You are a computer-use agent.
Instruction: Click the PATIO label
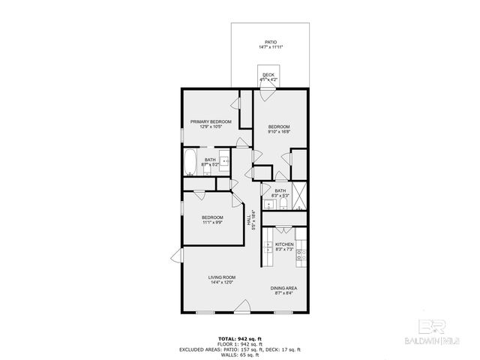coord(270,42)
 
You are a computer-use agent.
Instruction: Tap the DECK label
coord(268,75)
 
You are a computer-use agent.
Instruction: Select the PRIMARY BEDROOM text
coord(210,121)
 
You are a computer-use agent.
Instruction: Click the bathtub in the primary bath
coord(190,163)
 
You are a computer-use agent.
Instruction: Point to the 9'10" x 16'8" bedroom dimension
coord(280,132)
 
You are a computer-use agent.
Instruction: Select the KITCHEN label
coord(283,244)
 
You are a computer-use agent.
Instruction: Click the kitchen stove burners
coord(301,256)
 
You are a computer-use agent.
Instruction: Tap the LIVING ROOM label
coord(222,277)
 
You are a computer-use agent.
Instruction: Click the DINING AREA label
coord(283,288)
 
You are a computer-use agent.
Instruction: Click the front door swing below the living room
coord(241,307)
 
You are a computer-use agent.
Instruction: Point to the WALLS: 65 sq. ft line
coord(240,355)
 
